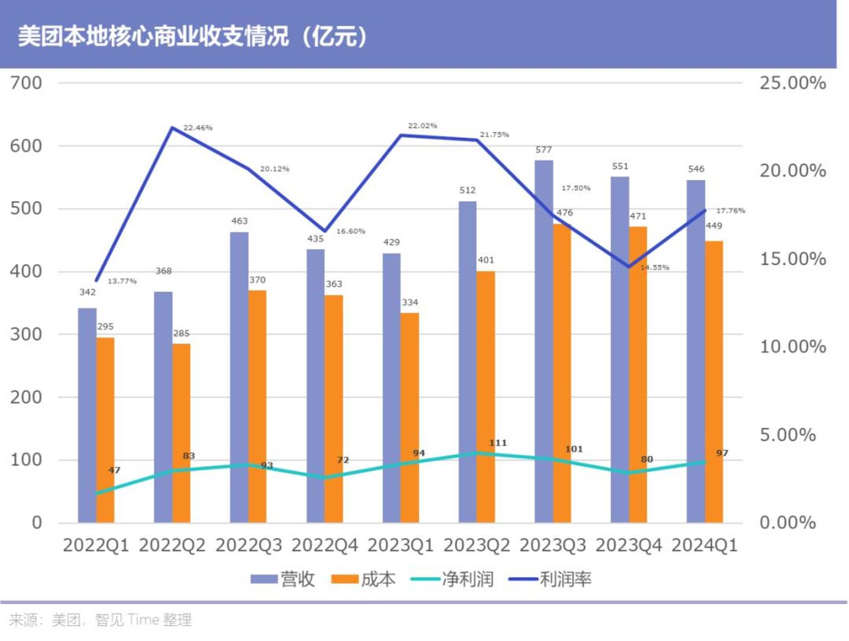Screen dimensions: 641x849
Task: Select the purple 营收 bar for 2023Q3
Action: click(544, 340)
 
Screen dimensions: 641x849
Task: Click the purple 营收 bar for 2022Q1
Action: click(87, 415)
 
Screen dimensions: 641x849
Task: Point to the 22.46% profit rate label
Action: click(198, 128)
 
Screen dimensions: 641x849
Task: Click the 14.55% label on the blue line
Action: click(655, 268)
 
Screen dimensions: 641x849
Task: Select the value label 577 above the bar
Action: click(544, 150)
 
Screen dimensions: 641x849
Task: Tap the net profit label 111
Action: click(498, 443)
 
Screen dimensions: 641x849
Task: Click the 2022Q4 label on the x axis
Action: click(325, 545)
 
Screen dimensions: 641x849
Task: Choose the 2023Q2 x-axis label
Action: click(476, 545)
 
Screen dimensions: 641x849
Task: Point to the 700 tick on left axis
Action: click(26, 83)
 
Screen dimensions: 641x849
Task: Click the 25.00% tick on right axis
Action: click(793, 83)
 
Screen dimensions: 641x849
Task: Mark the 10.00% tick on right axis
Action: click(793, 347)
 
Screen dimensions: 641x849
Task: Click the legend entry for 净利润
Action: click(453, 579)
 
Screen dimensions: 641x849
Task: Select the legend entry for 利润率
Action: click(550, 579)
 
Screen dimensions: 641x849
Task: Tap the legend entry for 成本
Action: click(364, 579)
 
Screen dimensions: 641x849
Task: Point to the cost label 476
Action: click(564, 213)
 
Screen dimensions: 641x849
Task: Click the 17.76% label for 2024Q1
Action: click(731, 211)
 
